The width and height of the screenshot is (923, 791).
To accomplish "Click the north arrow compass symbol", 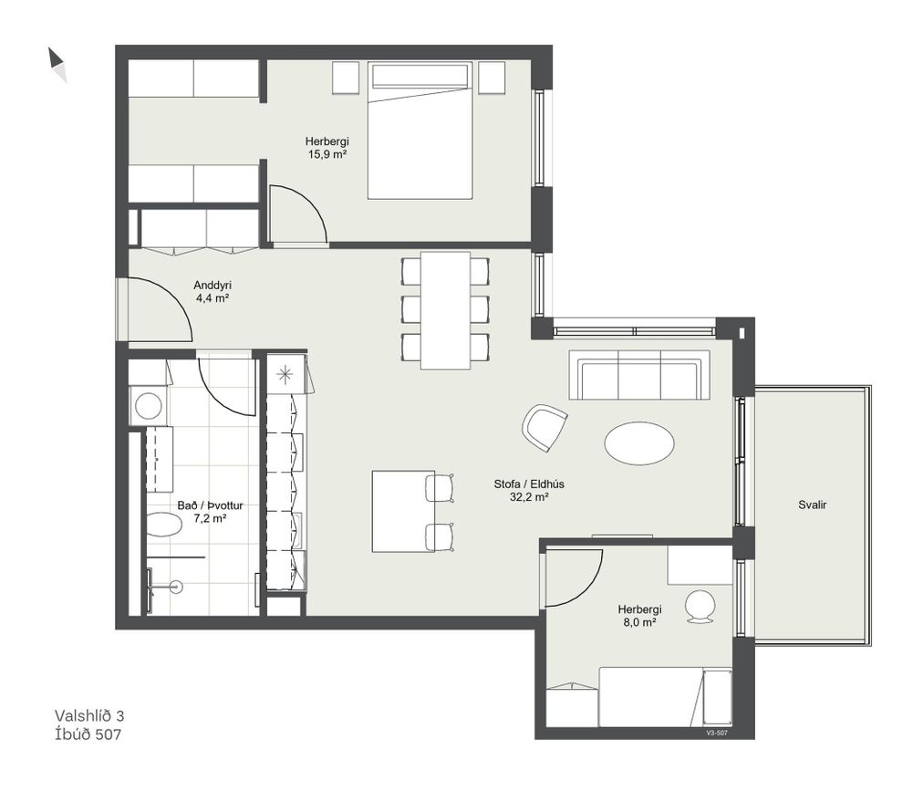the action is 57,64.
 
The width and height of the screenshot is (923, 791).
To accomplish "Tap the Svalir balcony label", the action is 813,505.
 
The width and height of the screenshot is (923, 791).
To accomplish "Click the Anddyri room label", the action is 213,286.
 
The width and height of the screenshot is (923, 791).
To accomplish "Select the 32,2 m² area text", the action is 529,497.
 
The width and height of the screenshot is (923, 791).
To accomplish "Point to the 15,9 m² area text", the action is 327,155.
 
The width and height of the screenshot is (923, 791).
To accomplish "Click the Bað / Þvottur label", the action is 210,505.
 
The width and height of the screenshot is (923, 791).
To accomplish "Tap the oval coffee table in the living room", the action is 639,442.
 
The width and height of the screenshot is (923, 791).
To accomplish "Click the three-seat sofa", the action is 639,375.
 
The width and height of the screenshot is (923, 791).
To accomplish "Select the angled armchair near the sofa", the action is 544,427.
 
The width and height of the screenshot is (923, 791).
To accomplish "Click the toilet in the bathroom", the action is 163,525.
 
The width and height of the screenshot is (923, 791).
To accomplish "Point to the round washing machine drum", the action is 149,406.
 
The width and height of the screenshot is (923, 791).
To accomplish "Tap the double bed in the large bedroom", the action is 420,130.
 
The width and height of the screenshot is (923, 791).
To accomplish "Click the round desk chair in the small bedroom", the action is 700,606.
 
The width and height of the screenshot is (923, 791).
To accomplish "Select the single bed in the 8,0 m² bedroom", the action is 665,697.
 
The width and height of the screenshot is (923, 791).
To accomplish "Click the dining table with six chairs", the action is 445,310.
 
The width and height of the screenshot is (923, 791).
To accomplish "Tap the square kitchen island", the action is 403,511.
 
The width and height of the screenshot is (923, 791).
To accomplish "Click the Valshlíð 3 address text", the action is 89,715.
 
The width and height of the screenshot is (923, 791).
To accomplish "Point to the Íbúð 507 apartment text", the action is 88,734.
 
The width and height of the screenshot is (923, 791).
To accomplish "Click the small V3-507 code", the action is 717,734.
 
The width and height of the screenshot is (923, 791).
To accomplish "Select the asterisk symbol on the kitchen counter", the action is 285,374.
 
